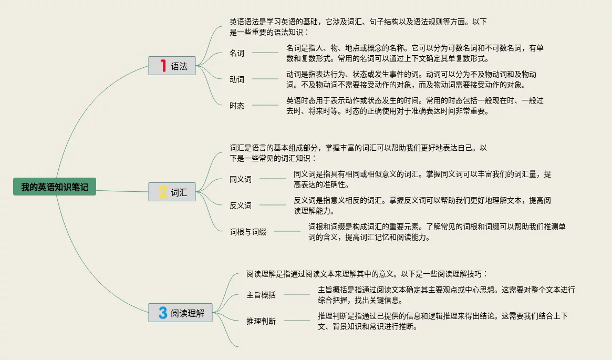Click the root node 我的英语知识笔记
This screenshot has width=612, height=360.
pos(55,187)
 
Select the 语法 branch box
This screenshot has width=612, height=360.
pos(172,66)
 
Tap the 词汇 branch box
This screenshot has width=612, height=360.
pos(172,192)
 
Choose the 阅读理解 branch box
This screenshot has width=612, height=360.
pos(180,313)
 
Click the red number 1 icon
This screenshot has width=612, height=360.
pos(163,66)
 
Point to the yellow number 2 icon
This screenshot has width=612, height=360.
pos(163,192)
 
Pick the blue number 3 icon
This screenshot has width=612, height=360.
pos(163,313)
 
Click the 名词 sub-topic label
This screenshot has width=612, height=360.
pos(237,53)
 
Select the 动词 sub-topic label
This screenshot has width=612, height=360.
pos(237,79)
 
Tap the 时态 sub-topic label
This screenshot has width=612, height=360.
pos(237,106)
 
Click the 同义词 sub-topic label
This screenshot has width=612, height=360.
pos(241,179)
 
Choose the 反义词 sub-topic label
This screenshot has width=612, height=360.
pos(241,205)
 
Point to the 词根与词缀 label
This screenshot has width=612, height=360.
pos(248,232)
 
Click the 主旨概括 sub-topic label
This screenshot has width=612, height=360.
pos(261,295)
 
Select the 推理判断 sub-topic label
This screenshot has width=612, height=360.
pos(261,321)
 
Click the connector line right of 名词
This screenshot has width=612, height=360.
pos(265,53)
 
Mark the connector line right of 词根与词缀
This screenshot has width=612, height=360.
pos(287,231)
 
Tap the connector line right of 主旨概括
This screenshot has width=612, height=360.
pos(297,294)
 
